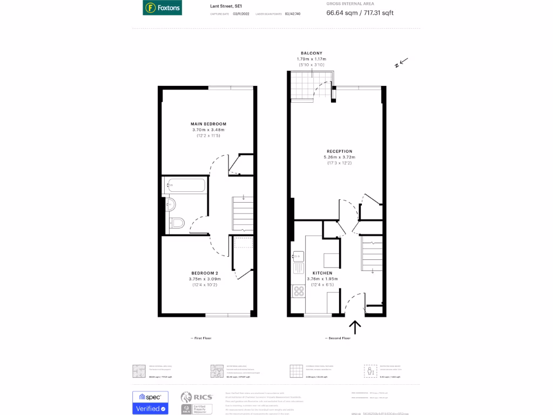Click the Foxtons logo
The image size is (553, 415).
(162, 8)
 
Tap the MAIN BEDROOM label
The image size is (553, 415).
(208, 124)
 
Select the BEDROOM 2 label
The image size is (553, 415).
(205, 273)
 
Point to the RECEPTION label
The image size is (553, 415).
(339, 151)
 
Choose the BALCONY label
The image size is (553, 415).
(311, 53)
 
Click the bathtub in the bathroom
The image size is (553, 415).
(185, 186)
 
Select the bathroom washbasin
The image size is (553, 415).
(170, 204)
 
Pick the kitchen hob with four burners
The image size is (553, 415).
(298, 291)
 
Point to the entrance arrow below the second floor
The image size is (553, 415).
(355, 327)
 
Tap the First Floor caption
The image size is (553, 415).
(201, 338)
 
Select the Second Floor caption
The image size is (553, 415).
(338, 338)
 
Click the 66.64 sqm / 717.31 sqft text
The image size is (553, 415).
(360, 12)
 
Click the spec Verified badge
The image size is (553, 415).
(150, 403)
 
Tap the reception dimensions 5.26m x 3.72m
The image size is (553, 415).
(339, 157)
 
